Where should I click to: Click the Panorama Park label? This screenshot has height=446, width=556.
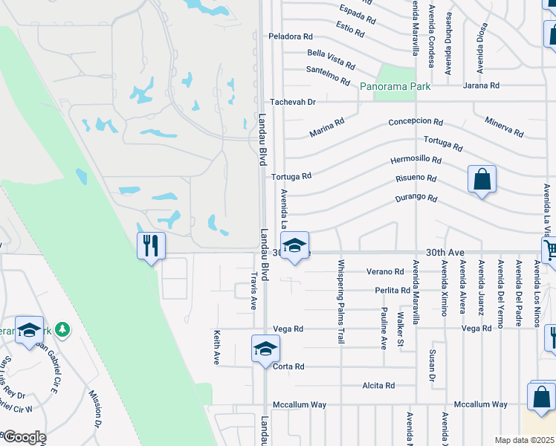(x=395, y=87)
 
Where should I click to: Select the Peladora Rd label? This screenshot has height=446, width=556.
(x=291, y=36)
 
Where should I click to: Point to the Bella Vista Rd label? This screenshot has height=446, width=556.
(x=332, y=55)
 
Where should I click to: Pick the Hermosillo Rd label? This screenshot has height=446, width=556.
(x=416, y=161)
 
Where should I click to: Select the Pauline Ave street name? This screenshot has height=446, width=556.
(x=384, y=328)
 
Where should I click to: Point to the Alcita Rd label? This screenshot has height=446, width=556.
(x=378, y=386)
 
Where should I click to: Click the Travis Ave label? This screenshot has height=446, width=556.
(x=253, y=290)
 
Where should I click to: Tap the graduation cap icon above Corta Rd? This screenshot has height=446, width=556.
(x=265, y=349)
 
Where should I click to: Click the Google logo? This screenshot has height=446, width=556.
(x=24, y=437)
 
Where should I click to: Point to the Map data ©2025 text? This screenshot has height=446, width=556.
(x=524, y=440)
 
